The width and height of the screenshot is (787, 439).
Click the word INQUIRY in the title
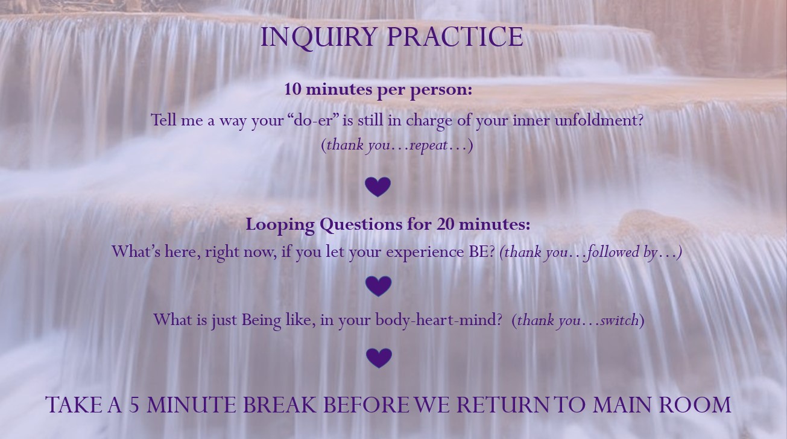pos(318,38)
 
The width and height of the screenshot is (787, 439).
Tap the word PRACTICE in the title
pos(455,37)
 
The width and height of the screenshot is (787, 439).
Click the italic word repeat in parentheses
pos(428,145)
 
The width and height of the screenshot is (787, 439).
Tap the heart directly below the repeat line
pos(378,187)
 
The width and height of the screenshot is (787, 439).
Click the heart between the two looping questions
pos(378,286)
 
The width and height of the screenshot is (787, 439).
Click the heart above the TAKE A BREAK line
pos(379,358)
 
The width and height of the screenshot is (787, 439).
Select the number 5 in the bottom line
pos(134,405)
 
